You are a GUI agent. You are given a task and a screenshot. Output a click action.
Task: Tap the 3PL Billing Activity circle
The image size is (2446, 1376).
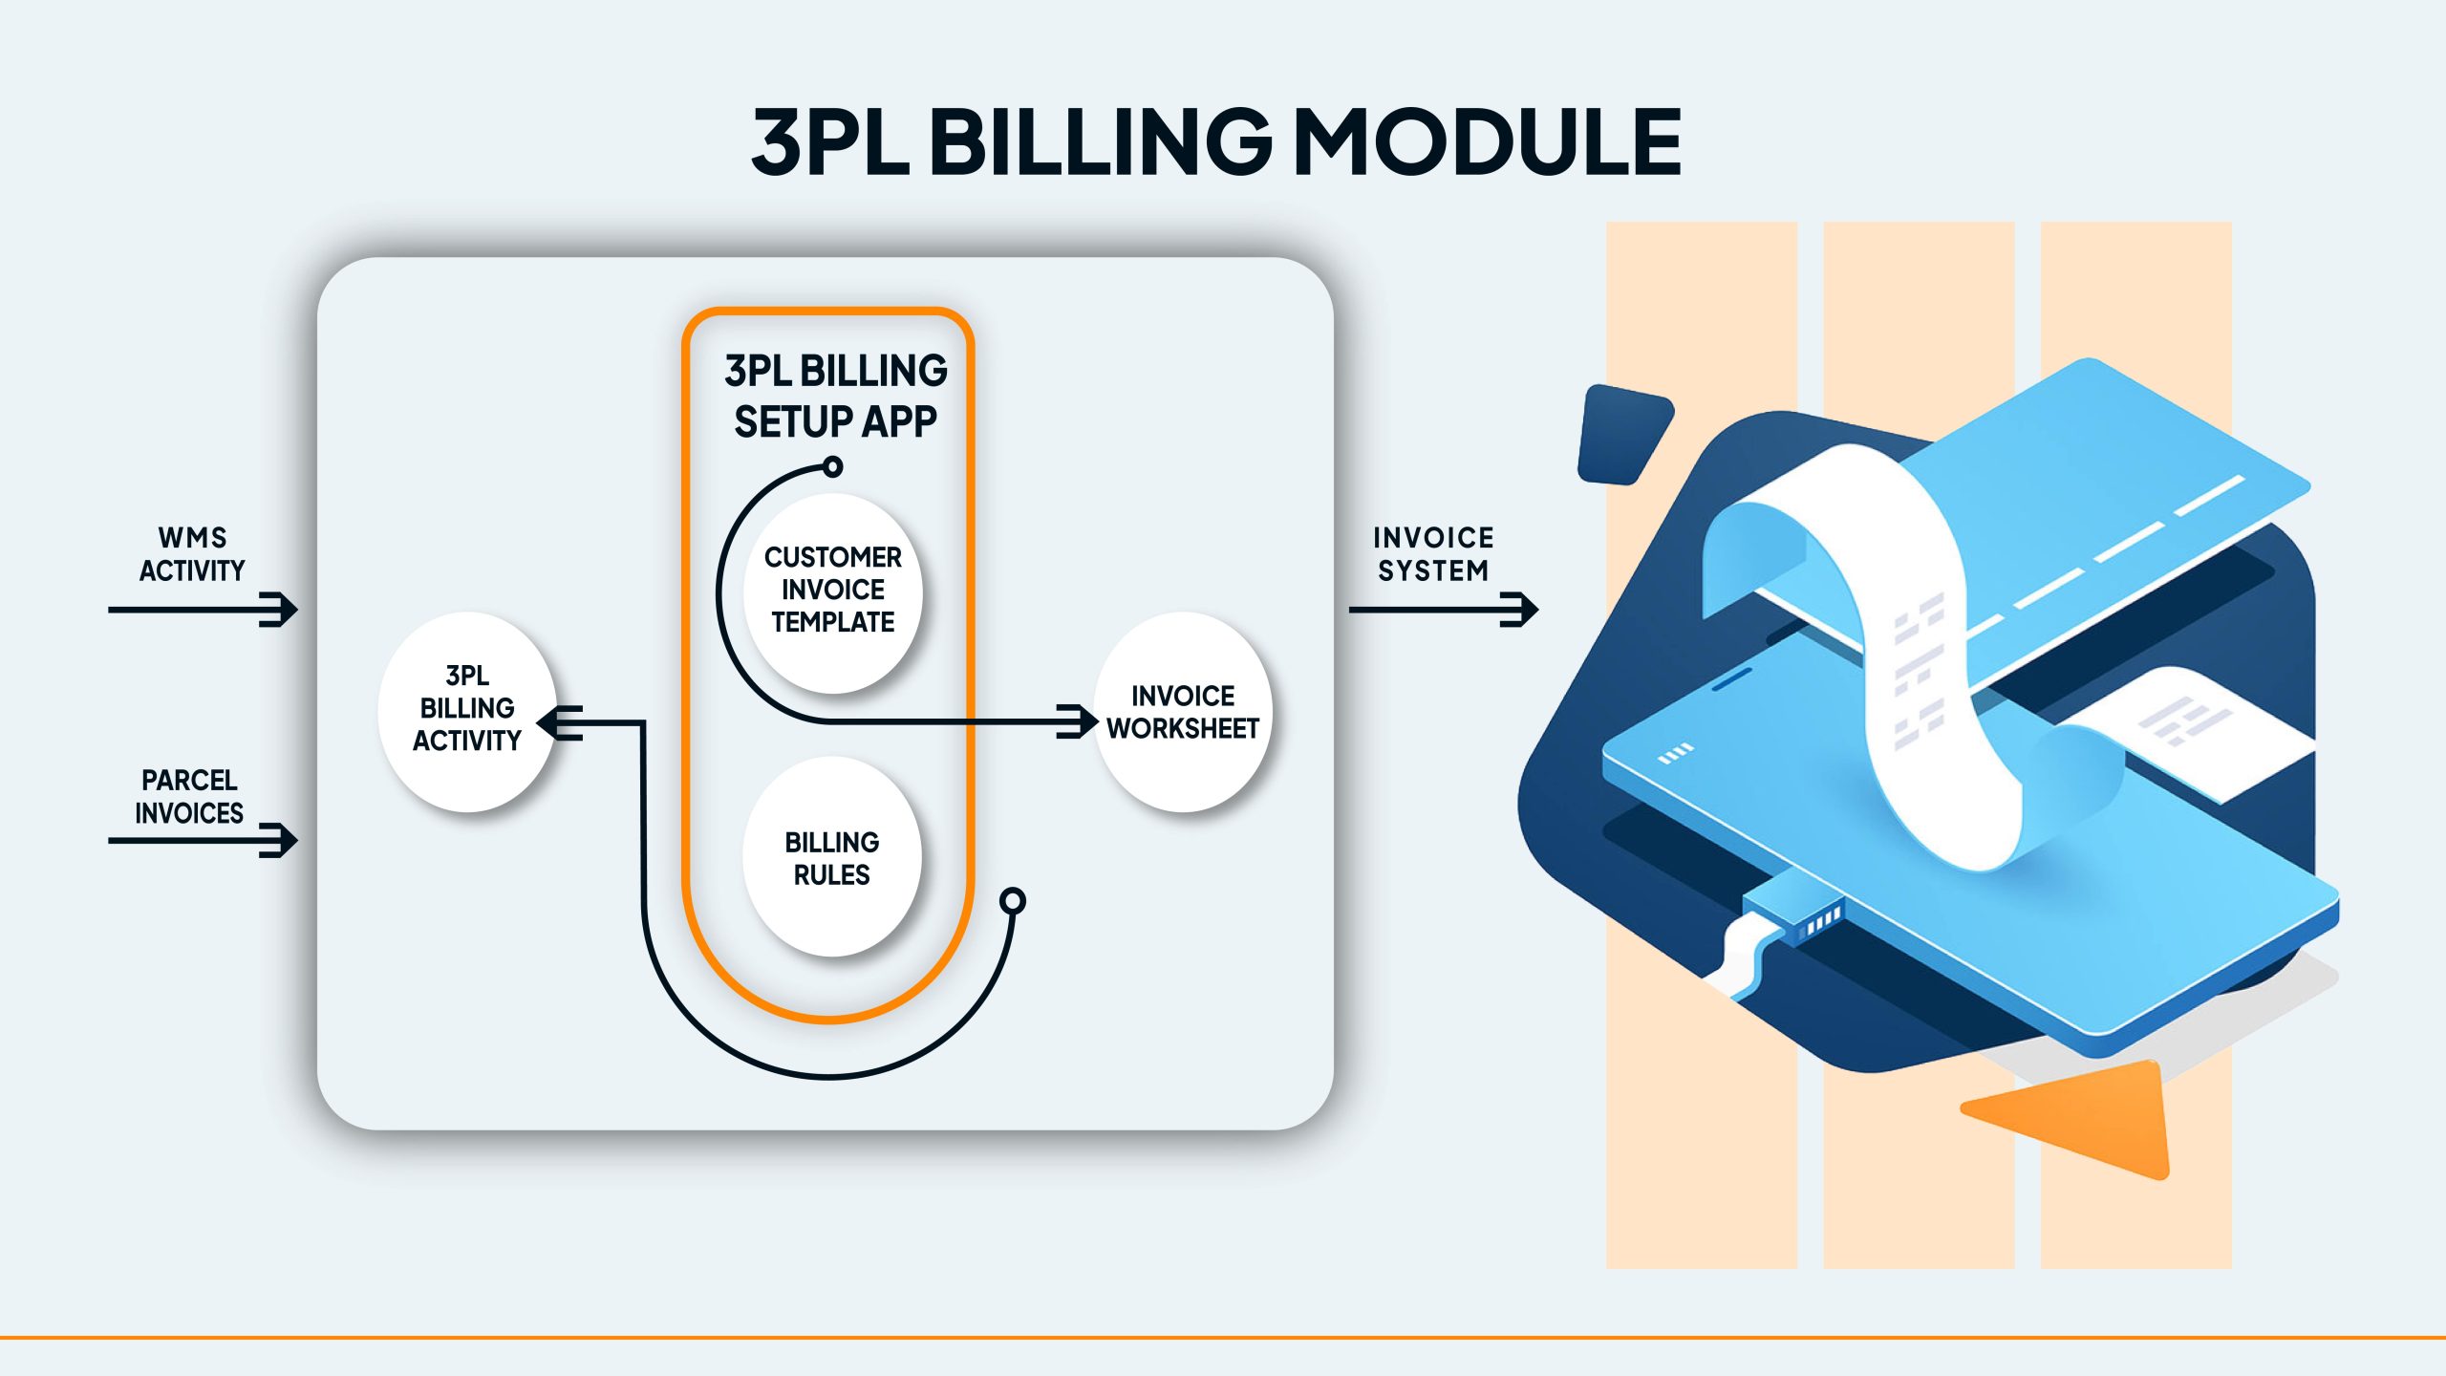467,711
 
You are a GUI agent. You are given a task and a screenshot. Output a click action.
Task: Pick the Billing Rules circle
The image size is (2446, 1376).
832,857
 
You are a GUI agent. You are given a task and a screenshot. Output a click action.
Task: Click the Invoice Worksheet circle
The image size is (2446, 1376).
1183,712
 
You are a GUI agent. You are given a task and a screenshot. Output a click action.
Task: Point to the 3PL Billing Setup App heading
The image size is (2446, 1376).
835,396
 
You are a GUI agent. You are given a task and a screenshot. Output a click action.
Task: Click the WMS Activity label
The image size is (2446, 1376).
192,554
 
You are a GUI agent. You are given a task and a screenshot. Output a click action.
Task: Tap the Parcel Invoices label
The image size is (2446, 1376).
189,796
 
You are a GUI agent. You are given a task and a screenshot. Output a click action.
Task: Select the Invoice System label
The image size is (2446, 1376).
1433,554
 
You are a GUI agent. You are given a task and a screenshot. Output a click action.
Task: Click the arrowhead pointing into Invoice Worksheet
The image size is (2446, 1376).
1080,721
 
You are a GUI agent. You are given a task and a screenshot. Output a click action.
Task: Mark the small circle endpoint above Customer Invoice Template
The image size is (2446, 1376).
833,466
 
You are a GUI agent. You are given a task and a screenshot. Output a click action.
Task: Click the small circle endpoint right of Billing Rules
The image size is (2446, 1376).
1013,901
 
